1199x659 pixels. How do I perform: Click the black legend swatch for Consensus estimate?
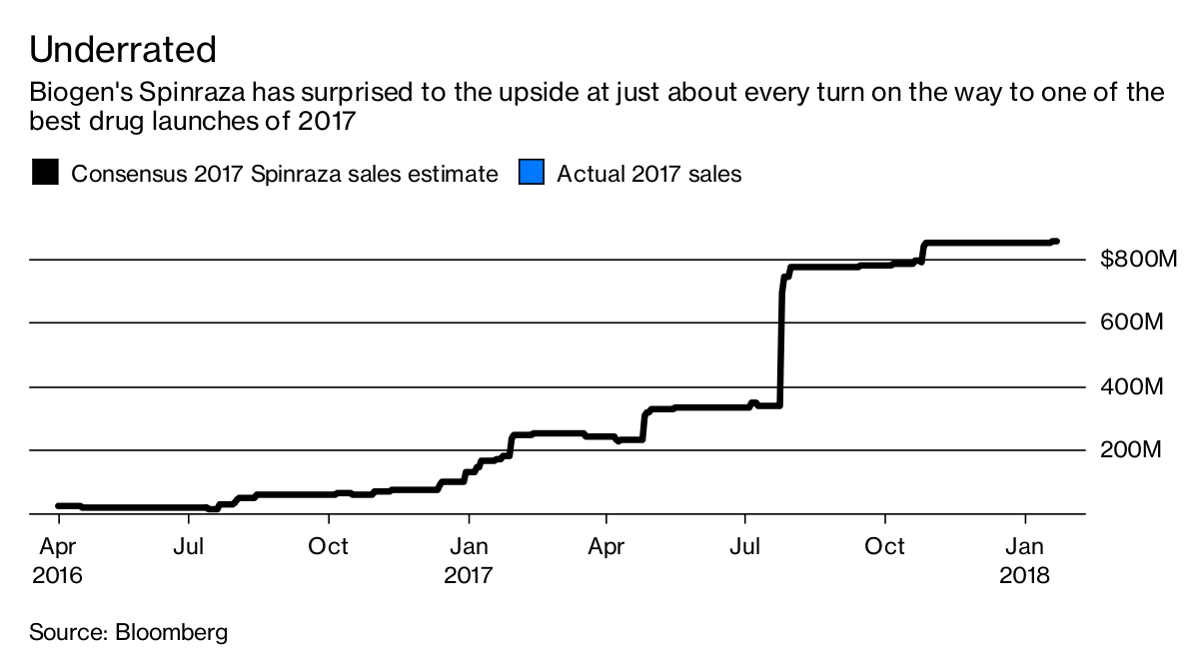click(46, 173)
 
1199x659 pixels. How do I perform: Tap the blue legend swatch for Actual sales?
click(531, 173)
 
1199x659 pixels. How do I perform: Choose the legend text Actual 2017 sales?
click(648, 174)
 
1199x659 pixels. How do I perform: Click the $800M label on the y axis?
click(1138, 261)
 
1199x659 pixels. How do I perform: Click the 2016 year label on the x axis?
click(57, 576)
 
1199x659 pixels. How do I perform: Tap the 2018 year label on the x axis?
click(1025, 576)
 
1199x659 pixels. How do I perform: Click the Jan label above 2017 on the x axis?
click(469, 546)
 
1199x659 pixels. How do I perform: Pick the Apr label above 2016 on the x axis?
click(57, 546)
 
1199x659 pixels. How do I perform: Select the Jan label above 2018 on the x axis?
click(1025, 546)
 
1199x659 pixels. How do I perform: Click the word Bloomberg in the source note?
click(171, 632)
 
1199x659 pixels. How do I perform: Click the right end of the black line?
click(1056, 242)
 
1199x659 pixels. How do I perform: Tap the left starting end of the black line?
click(59, 506)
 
